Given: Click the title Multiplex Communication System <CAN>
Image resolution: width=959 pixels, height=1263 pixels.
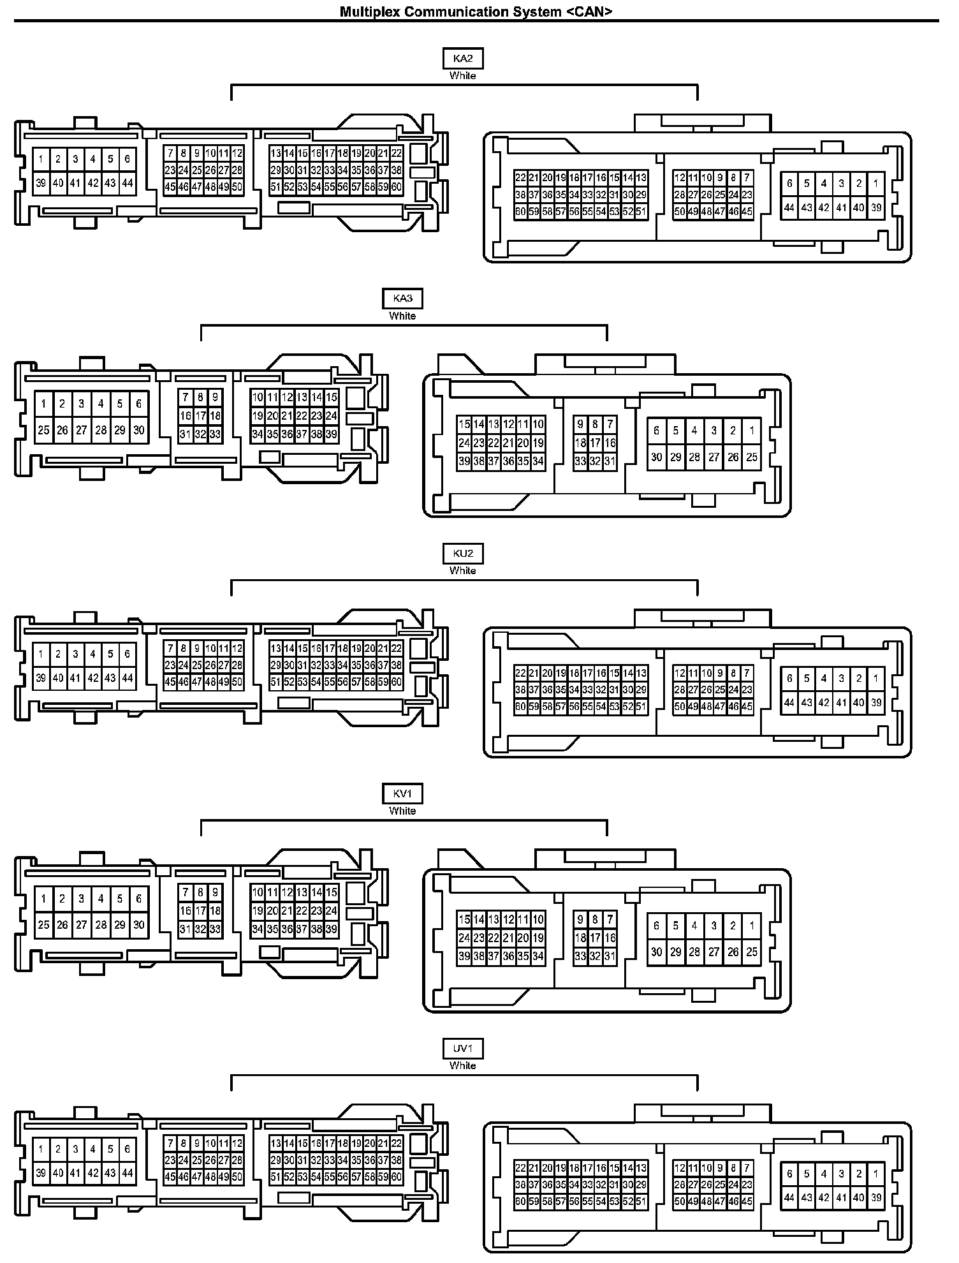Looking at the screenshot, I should click(476, 11).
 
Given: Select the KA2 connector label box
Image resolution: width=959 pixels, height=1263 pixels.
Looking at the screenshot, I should click(463, 59).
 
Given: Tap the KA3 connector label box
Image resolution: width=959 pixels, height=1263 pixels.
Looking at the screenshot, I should click(402, 299).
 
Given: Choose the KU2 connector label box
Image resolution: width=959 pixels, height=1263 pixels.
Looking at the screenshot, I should click(463, 554).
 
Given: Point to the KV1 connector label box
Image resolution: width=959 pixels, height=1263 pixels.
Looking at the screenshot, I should click(402, 794).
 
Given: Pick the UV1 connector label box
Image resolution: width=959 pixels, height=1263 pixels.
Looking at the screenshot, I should click(463, 1049).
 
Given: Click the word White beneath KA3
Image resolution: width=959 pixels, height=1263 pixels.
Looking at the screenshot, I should click(402, 316).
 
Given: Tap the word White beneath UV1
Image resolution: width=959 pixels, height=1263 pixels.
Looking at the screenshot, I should click(463, 1066).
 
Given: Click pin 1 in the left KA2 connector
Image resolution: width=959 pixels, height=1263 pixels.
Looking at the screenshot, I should click(41, 159).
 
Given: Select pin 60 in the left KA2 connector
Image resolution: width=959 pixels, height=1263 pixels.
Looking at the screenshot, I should click(397, 187).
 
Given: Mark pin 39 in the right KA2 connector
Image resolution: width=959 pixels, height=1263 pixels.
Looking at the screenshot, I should click(876, 207).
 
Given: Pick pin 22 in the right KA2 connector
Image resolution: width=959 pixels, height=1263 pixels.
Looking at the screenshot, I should click(520, 178).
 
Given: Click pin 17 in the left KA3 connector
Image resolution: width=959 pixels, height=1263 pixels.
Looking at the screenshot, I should click(200, 416).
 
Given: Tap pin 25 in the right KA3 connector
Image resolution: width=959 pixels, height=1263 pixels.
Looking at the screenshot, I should click(752, 457).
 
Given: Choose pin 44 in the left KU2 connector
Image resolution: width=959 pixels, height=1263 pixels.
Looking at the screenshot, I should click(128, 678).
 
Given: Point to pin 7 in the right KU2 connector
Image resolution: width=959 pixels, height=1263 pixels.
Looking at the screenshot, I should click(747, 673).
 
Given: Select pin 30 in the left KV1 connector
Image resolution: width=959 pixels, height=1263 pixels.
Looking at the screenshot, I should click(139, 925).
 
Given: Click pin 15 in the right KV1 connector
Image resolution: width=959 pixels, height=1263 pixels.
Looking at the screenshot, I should click(464, 919).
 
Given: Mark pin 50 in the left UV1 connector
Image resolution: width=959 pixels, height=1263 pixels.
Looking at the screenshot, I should click(237, 1177).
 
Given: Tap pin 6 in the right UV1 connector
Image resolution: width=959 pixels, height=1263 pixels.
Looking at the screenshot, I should click(789, 1174).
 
